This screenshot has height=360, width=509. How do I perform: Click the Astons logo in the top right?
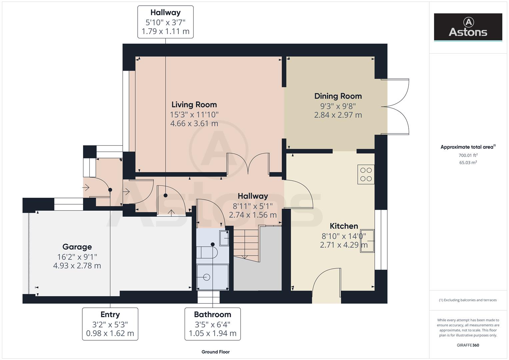pos(468,27)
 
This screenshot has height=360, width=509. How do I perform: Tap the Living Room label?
pos(194,105)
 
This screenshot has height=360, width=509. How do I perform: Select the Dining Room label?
pos(338,96)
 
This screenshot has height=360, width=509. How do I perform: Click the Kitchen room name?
pos(344,226)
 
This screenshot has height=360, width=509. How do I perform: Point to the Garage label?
pos(77,247)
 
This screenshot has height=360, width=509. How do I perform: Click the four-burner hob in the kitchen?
pos(366,174)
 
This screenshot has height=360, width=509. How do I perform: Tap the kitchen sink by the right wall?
pos(367,241)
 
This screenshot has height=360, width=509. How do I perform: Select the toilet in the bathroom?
pos(208,252)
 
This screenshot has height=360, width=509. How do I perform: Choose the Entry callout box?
pos(110,324)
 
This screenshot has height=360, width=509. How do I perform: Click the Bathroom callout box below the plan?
pos(212,324)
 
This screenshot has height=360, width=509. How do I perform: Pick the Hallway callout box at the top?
pos(165,22)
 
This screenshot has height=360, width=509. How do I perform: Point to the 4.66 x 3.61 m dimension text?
pos(194,124)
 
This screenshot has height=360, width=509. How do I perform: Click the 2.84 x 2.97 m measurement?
pos(338,115)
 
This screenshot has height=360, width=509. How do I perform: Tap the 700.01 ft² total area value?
pos(468,155)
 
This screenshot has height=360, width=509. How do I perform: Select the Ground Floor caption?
pos(215,352)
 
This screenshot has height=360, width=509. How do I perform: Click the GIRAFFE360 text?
pos(468,345)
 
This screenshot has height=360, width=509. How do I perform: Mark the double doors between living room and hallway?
pos(248,163)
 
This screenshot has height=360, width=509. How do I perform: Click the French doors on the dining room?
pos(397,107)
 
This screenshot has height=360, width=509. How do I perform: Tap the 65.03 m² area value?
pos(468,163)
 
